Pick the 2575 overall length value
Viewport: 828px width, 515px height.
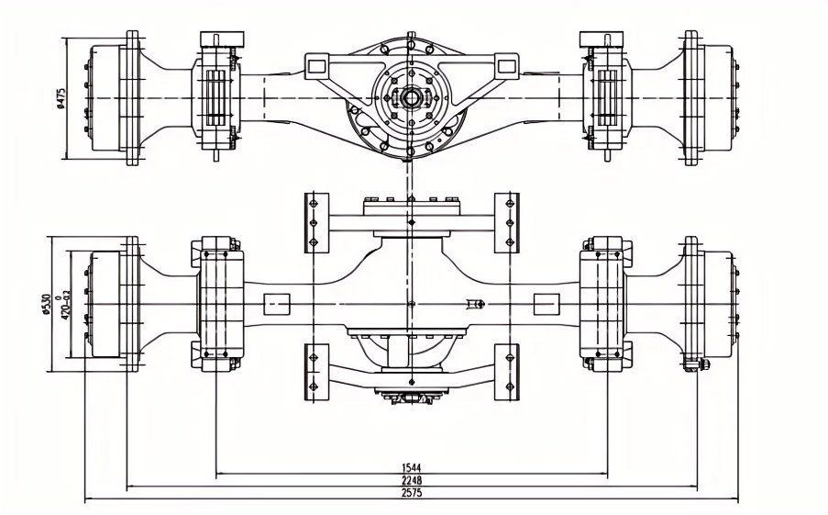pyautogui.click(x=411, y=493)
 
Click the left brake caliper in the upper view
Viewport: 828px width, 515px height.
pyautogui.click(x=217, y=96)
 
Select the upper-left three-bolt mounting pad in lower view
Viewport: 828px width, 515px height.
pyautogui.click(x=315, y=222)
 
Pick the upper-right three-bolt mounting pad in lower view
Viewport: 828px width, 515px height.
pyautogui.click(x=507, y=222)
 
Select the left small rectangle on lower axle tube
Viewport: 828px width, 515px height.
pyautogui.click(x=276, y=303)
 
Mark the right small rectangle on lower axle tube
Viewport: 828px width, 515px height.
pyautogui.click(x=546, y=303)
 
